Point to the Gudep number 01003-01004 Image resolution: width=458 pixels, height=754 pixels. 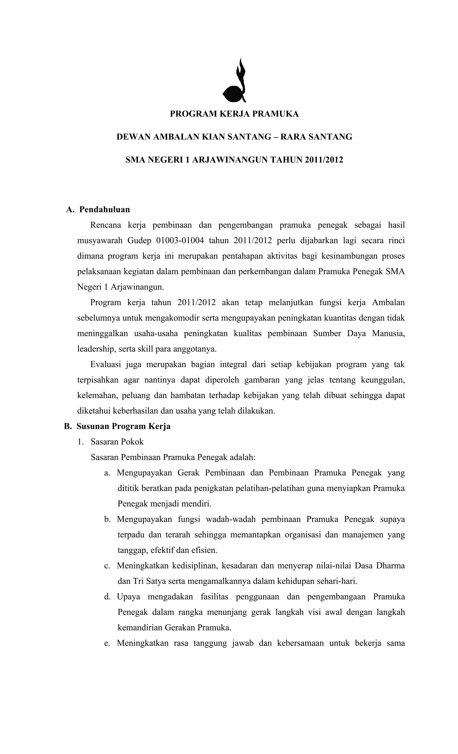point(180,241)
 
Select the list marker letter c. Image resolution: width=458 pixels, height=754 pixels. point(107,566)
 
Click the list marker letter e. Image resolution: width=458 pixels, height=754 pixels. point(107,643)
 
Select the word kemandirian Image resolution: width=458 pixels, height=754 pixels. point(140,628)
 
